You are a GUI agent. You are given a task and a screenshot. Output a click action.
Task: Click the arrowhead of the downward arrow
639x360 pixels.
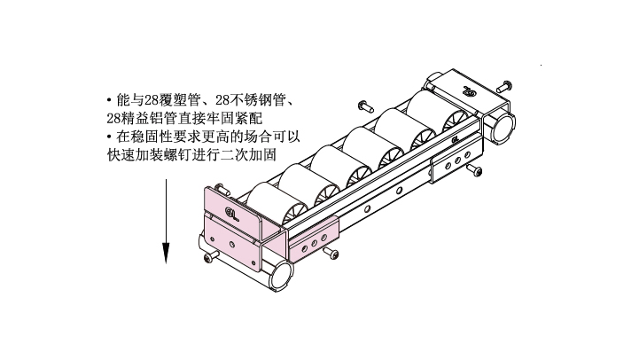[166, 253]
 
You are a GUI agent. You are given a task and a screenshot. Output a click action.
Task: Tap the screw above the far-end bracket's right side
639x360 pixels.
[504, 87]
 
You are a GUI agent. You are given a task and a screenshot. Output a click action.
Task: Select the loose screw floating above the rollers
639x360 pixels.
[365, 106]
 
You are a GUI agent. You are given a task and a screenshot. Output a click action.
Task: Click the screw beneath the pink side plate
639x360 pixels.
[331, 253]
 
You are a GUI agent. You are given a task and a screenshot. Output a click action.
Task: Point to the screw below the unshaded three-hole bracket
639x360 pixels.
[474, 169]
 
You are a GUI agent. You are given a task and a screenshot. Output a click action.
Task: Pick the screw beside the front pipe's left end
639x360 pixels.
[211, 256]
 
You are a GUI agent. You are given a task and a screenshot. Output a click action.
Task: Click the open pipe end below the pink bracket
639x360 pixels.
[281, 275]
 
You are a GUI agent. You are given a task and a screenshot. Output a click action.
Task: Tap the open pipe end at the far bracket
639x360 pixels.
[503, 127]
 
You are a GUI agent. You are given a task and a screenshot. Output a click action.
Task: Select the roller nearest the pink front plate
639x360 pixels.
[272, 204]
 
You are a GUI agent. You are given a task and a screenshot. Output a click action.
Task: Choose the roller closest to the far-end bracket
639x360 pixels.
[433, 111]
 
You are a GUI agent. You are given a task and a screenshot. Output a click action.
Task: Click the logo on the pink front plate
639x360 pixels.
[231, 213]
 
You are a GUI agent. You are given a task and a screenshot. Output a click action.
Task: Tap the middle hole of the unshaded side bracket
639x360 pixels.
[457, 160]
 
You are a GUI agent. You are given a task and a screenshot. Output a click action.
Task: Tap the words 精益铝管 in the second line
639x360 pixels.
[148, 118]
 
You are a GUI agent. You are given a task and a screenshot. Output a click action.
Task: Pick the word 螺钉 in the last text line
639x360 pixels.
[177, 154]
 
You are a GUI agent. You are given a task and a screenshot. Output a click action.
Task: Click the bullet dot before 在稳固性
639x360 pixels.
[109, 137]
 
